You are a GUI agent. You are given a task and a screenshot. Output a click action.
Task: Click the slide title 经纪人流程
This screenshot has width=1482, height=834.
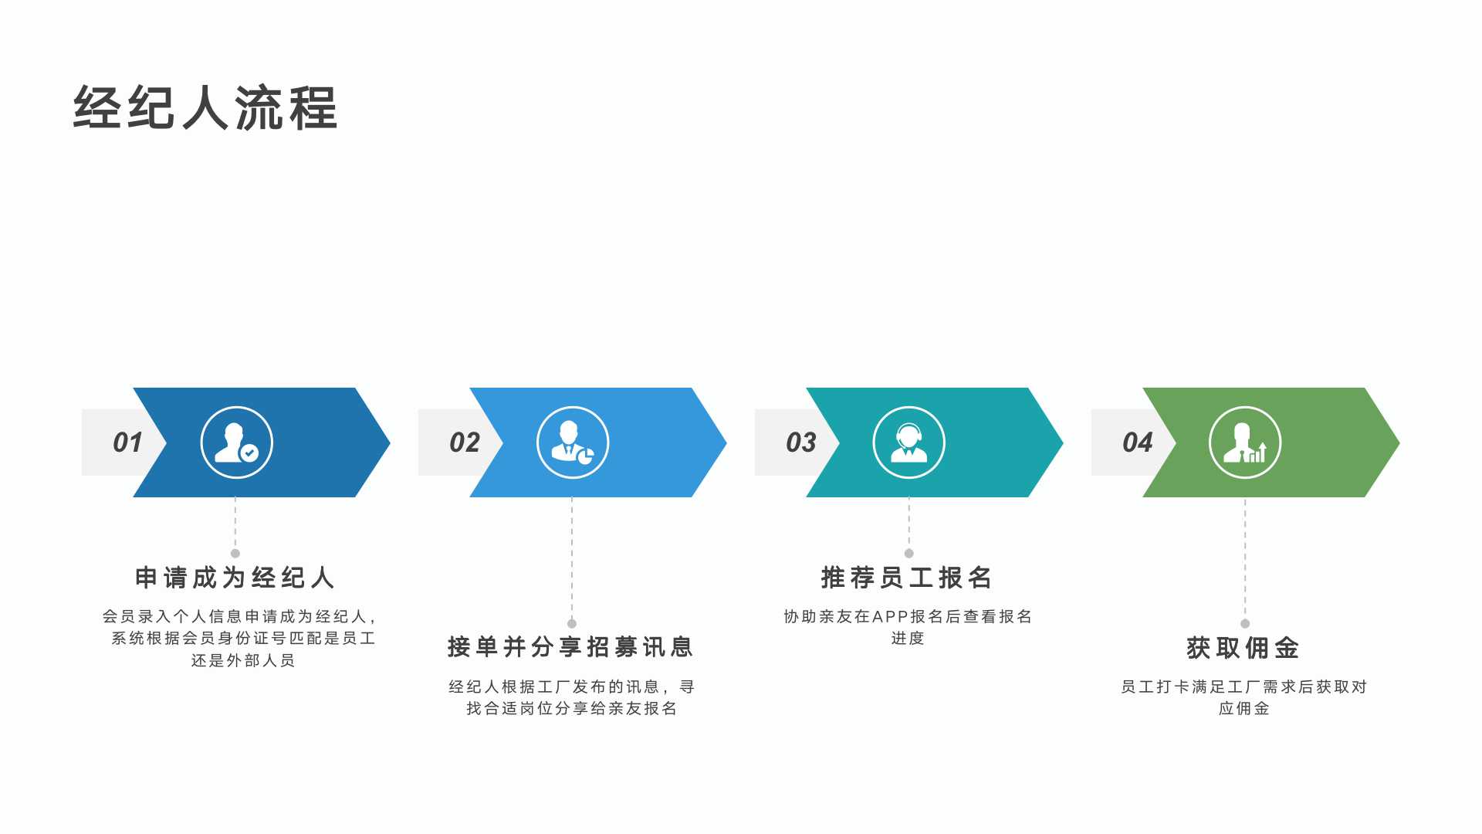click(205, 107)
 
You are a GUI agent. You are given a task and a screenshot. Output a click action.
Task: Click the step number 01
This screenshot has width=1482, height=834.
click(127, 442)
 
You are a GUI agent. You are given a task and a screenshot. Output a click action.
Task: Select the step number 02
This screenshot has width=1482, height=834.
click(465, 442)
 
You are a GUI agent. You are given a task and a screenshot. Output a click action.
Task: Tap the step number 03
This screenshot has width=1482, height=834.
click(801, 442)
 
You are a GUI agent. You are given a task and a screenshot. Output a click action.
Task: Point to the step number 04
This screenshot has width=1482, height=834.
click(1138, 442)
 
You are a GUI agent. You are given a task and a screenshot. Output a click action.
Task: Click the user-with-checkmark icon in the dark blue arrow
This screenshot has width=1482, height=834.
click(236, 442)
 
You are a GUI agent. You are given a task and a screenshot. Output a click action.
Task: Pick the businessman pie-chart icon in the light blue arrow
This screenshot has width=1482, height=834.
click(573, 442)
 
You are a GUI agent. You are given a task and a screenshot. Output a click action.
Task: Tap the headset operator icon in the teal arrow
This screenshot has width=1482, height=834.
click(909, 442)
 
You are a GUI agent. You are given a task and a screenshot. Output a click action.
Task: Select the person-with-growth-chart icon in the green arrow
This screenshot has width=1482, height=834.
click(1245, 442)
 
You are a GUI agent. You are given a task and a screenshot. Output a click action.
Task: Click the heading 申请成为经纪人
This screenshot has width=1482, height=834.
click(235, 578)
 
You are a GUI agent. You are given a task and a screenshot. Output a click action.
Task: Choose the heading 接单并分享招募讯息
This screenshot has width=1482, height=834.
click(571, 647)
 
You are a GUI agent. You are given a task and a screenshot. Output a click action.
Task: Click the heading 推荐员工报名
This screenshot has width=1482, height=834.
click(908, 578)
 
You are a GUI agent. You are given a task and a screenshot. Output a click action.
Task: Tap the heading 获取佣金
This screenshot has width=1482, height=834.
click(1244, 648)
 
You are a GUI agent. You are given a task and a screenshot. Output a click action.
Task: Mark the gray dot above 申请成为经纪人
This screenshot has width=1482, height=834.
click(235, 554)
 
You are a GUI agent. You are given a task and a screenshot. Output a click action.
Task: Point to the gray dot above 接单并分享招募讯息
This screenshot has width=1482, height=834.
click(572, 623)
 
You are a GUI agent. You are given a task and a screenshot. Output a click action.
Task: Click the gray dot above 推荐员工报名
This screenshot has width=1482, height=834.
click(909, 554)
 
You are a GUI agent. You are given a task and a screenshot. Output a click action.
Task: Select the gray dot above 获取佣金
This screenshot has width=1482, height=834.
click(1245, 623)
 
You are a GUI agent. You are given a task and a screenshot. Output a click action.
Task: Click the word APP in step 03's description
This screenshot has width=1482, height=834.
click(891, 617)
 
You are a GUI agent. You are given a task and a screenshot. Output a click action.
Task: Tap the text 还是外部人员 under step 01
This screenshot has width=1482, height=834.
click(243, 661)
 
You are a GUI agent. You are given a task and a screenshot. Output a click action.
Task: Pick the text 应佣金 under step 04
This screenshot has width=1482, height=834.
click(1244, 709)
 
